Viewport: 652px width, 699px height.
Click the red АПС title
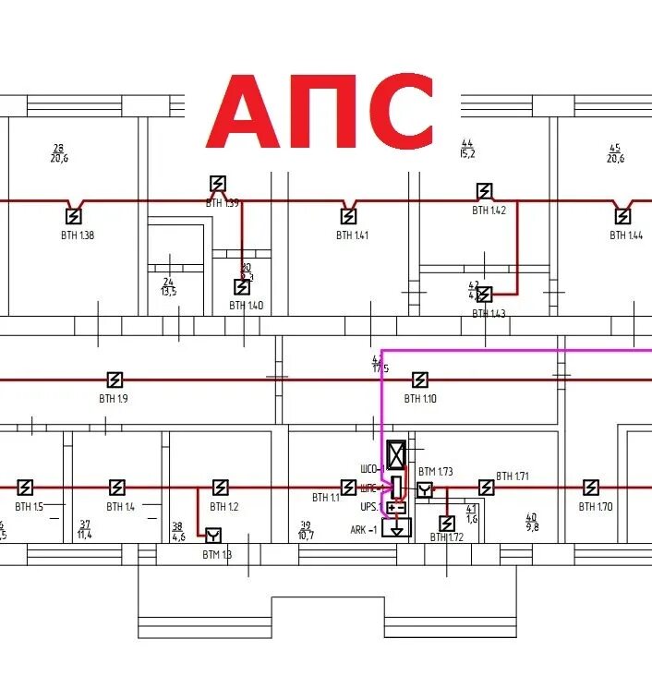[x=320, y=113]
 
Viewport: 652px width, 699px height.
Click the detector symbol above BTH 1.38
[x=73, y=216]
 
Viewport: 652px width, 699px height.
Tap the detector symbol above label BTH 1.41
[x=348, y=216]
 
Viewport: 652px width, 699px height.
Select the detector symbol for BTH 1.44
[x=623, y=216]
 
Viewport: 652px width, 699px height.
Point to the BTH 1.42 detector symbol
[x=484, y=191]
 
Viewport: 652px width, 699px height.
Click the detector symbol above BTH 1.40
[x=242, y=287]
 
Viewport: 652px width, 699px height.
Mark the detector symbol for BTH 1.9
[x=115, y=380]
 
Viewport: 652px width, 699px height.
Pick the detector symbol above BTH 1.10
[x=419, y=380]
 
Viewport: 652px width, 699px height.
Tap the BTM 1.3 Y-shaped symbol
[x=213, y=536]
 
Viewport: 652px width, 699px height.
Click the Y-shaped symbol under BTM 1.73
[x=424, y=489]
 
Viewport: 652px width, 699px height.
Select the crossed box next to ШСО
[x=396, y=453]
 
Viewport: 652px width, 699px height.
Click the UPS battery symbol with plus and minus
[x=396, y=508]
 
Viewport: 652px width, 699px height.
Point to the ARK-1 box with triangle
[x=396, y=528]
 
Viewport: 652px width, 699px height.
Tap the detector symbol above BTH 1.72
[x=447, y=524]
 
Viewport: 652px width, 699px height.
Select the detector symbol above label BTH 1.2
[x=220, y=488]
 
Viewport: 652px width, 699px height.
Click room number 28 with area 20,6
[x=59, y=152]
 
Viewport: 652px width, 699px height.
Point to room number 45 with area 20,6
[x=615, y=152]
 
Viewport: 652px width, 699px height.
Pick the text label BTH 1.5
[x=29, y=507]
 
